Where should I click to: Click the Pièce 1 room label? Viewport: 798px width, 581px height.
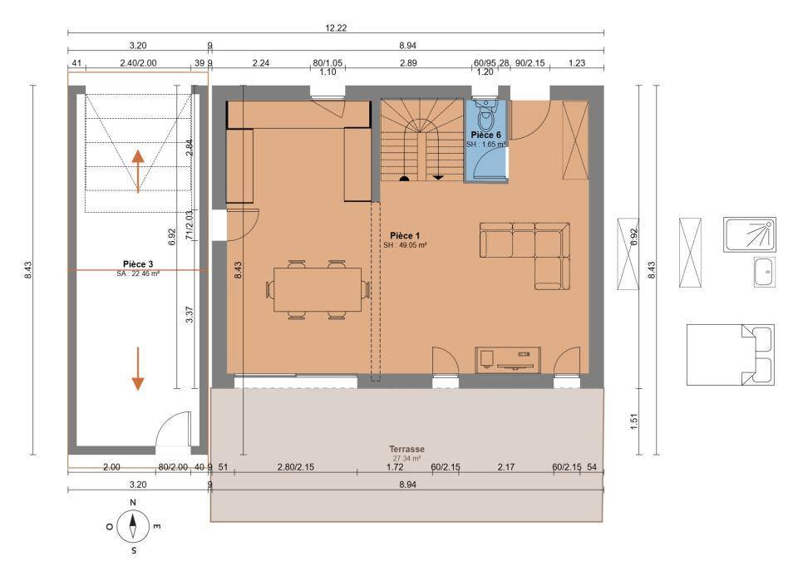(x=405, y=235)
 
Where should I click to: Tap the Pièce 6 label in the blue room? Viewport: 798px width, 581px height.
(x=485, y=135)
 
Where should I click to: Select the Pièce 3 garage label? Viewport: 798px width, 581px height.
(x=138, y=264)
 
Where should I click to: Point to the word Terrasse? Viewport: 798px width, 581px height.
(x=406, y=449)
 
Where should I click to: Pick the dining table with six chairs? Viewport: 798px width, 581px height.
(x=318, y=289)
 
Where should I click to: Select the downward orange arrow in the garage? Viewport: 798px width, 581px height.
(x=138, y=369)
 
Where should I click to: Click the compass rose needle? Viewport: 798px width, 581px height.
(x=133, y=527)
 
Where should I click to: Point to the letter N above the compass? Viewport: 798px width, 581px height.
(x=133, y=502)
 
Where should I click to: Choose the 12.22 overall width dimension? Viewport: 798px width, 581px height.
(x=336, y=28)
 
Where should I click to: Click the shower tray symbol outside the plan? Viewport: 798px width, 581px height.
(x=750, y=234)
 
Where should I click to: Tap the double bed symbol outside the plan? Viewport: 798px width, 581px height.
(x=731, y=355)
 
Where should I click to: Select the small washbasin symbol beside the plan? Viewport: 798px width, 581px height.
(x=765, y=272)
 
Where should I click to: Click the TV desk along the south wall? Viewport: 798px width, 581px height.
(x=508, y=360)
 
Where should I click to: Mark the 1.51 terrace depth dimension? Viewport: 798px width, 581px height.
(x=634, y=421)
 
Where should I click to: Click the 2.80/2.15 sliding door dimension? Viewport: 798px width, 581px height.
(x=295, y=466)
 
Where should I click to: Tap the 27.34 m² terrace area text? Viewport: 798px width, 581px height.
(x=406, y=458)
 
